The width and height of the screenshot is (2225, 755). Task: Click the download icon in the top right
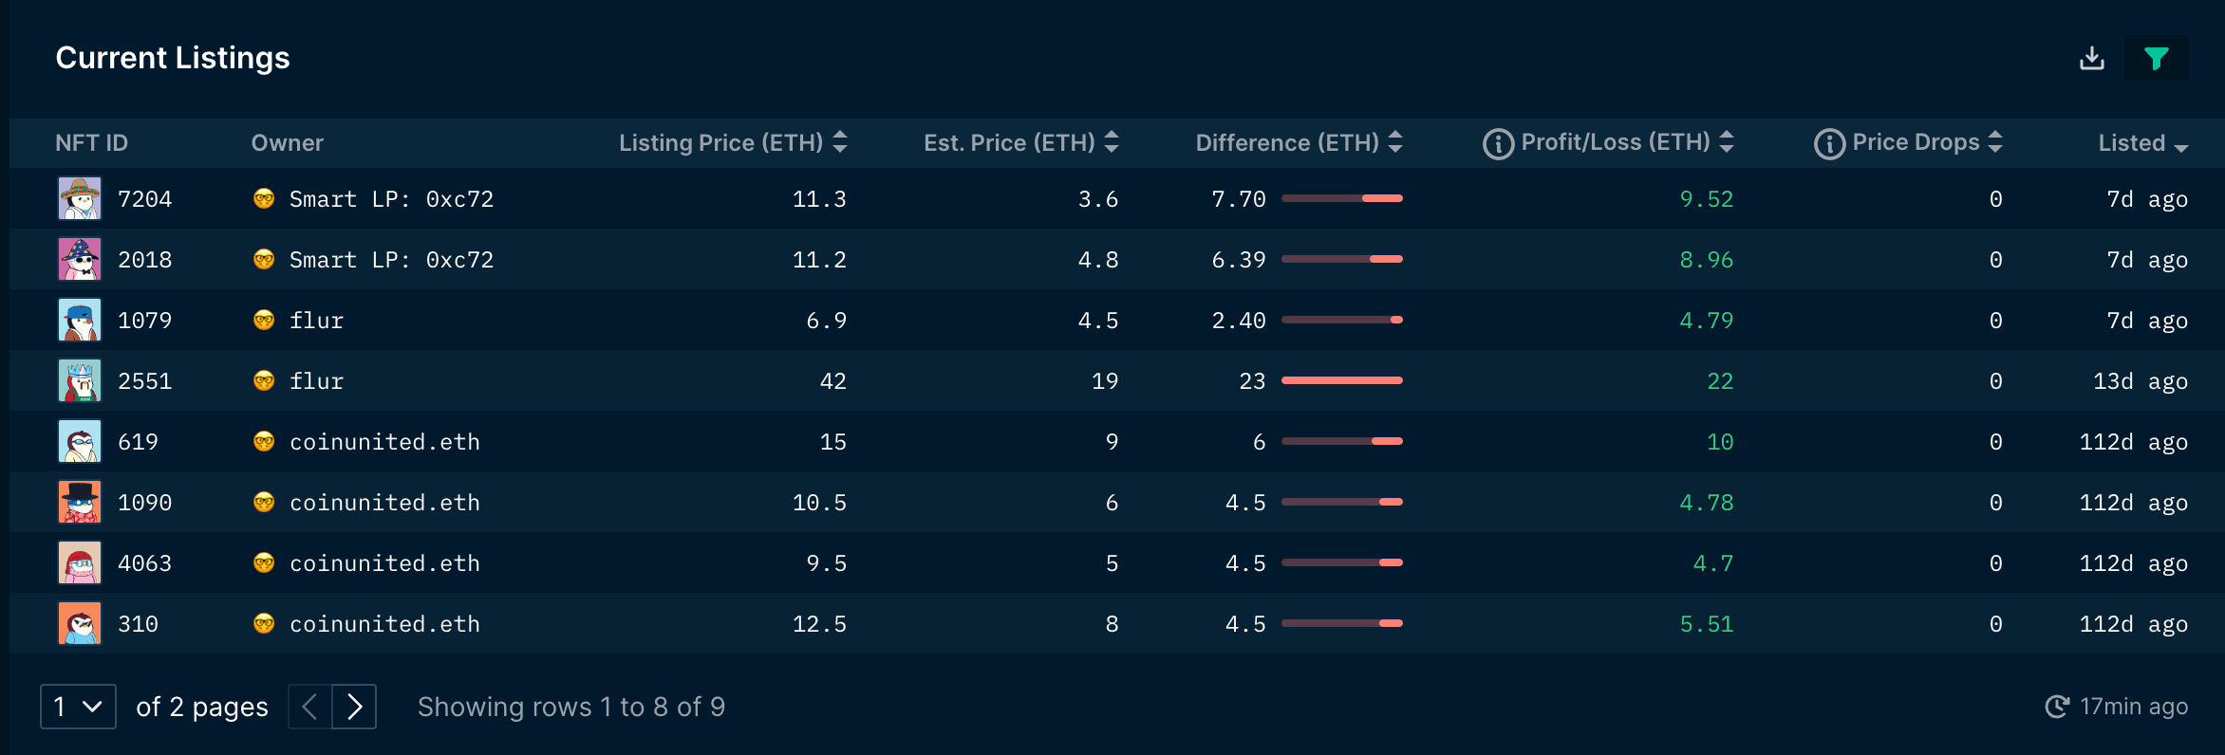coord(2091,59)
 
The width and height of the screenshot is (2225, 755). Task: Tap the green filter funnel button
coord(2156,59)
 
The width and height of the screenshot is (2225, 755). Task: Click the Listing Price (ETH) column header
coord(721,143)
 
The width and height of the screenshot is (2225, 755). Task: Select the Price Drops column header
coord(1916,142)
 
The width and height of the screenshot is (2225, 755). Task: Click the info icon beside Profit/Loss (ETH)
coord(1498,144)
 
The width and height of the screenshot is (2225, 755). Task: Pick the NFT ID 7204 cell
coord(144,199)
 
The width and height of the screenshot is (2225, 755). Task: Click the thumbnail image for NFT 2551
coord(80,381)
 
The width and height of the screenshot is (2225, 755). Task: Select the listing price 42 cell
coord(832,381)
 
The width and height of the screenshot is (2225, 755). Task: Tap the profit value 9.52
coord(1706,199)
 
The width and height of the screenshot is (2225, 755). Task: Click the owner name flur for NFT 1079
coord(316,321)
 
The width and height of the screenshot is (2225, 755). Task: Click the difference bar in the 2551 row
coord(1341,380)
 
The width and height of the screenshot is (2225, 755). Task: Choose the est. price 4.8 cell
coord(1097,260)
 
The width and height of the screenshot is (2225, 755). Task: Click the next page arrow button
coord(354,707)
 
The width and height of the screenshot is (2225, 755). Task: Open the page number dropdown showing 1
coord(78,707)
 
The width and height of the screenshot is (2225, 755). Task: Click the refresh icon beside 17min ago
coord(2057,707)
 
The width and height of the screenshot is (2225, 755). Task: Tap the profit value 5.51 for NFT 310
coord(1706,624)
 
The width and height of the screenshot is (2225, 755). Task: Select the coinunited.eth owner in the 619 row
coord(384,442)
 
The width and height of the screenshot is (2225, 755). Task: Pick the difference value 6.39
coord(1238,260)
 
